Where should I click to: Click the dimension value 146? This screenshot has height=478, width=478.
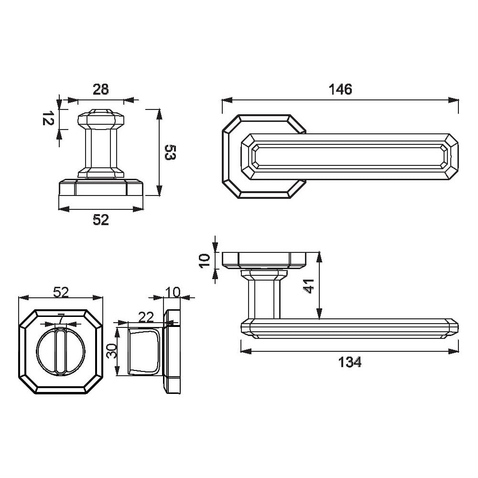pos(340,89)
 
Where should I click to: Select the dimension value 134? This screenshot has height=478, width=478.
pos(350,362)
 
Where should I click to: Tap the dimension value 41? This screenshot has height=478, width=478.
pos(309,286)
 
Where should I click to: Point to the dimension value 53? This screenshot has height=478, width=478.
pos(171,152)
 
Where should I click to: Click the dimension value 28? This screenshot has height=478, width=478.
pos(100,89)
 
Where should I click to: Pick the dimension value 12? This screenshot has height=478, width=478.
pos(47,118)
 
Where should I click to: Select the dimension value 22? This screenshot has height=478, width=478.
pos(146,317)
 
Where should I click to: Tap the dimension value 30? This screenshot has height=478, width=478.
pos(111,351)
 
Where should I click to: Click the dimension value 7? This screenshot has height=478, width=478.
pos(61,318)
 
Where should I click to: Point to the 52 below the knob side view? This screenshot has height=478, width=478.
pos(100,220)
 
